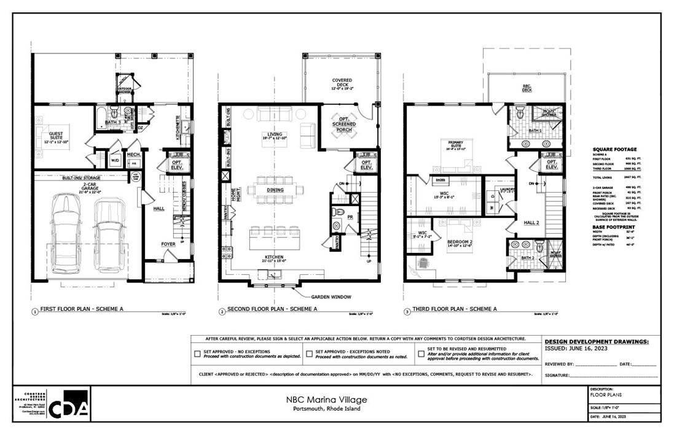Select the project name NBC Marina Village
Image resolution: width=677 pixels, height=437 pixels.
click(x=326, y=400)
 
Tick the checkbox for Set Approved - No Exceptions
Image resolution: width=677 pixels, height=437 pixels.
click(x=197, y=354)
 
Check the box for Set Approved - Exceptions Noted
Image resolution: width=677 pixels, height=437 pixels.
click(x=309, y=354)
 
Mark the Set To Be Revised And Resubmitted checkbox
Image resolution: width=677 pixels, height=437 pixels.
click(x=421, y=354)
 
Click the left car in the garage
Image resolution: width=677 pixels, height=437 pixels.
click(x=66, y=233)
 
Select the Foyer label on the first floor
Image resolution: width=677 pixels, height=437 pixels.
click(x=168, y=244)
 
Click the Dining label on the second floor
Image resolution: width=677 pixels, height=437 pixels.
click(x=275, y=190)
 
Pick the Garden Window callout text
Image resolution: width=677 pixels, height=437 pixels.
click(x=331, y=297)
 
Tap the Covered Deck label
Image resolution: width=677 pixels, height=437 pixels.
click(x=342, y=80)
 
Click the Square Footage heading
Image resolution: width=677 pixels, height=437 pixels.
click(x=614, y=149)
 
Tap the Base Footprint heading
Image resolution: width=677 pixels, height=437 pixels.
click(x=614, y=226)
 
